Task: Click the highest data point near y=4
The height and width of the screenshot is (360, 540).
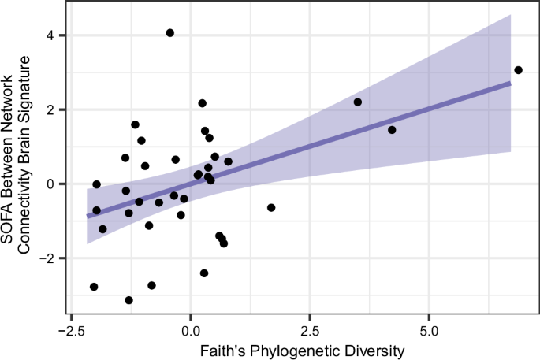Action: point(170,33)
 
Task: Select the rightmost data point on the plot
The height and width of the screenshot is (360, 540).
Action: point(518,70)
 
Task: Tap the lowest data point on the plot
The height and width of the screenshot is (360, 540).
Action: point(128,300)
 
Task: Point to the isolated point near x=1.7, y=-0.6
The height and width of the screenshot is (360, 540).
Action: point(271,208)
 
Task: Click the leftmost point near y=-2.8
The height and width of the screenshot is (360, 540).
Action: point(94,287)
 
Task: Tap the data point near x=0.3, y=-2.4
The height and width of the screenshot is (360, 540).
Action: point(204,273)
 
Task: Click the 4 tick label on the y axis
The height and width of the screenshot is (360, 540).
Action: point(50,35)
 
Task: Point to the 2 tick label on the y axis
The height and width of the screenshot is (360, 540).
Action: point(50,109)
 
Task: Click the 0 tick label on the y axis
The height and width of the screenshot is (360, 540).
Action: point(50,184)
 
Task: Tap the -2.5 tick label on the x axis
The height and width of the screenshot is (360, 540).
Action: point(71,328)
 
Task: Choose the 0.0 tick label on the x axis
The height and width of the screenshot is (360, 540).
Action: point(190,328)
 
